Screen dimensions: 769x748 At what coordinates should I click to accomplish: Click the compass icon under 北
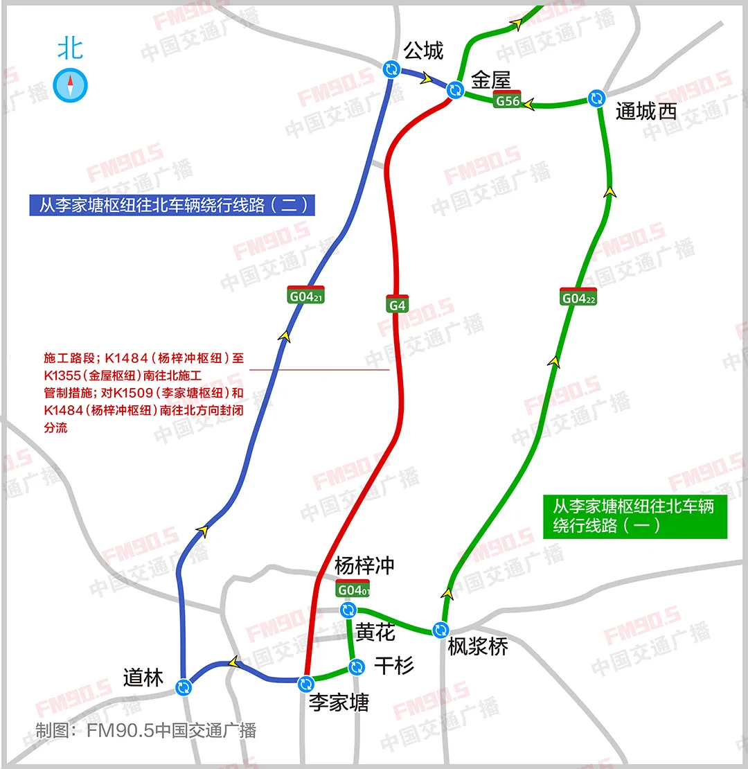(x=71, y=85)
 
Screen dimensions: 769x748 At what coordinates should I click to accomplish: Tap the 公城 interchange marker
(x=391, y=69)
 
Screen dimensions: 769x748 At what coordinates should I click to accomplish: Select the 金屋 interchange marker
(x=454, y=89)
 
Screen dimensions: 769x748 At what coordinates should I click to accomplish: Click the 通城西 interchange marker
(x=596, y=98)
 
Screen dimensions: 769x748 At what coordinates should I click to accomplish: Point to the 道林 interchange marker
(x=184, y=687)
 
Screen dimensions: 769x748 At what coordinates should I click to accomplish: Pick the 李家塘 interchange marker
(x=305, y=684)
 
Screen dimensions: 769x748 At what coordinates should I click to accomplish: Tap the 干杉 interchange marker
(x=357, y=666)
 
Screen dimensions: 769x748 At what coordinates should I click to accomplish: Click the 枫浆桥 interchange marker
(x=440, y=630)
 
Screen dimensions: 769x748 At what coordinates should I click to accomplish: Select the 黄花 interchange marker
(x=348, y=610)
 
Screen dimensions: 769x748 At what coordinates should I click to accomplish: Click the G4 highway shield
(x=398, y=304)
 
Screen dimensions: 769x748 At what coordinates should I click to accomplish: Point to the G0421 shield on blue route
(x=306, y=295)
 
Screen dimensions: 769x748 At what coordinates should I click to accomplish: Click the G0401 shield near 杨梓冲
(x=353, y=589)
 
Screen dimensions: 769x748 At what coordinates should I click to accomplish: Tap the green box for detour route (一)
(x=635, y=515)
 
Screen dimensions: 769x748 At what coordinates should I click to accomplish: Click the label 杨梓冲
(x=364, y=565)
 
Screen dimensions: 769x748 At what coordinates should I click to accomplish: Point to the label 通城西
(x=646, y=112)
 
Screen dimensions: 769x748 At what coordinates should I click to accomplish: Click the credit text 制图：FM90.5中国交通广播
(x=145, y=730)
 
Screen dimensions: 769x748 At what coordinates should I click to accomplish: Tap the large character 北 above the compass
(x=71, y=48)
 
